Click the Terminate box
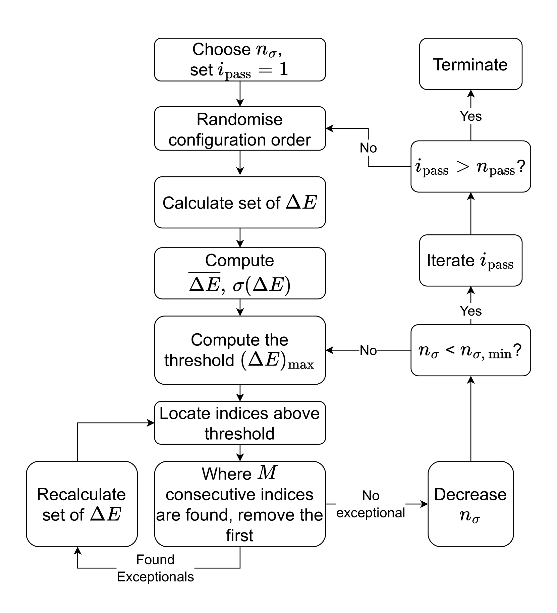click(470, 64)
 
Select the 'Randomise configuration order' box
click(240, 129)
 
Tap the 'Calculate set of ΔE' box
click(240, 203)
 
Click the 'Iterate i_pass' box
click(470, 261)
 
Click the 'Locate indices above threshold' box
click(240, 423)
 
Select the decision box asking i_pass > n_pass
click(470, 167)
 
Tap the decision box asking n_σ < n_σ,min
click(470, 350)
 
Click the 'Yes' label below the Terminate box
click(470, 116)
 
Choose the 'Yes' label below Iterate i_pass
click(470, 311)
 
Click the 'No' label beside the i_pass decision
click(368, 148)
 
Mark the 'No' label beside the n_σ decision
click(368, 350)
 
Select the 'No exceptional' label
click(371, 504)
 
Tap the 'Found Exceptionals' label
click(155, 568)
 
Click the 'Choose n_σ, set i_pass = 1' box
click(240, 60)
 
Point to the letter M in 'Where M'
click(267, 473)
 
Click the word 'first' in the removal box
click(239, 535)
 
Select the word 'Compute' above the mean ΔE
click(239, 261)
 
